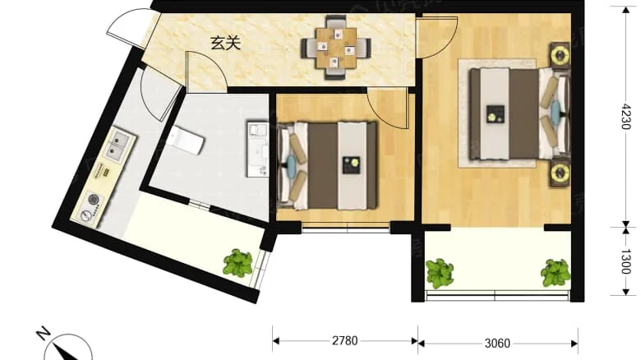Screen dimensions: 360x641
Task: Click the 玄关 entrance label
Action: point(225,44)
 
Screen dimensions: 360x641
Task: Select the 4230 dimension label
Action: point(626,117)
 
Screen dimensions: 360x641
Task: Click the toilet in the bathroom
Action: point(187,141)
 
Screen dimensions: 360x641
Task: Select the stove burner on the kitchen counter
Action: point(91,202)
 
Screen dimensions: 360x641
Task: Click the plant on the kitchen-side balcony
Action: point(237,263)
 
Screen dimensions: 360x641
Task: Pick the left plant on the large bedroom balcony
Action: point(440,273)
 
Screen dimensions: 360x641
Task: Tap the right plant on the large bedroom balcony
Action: point(556,272)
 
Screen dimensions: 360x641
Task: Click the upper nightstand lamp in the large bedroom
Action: point(560,56)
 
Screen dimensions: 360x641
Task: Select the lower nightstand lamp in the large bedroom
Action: point(560,173)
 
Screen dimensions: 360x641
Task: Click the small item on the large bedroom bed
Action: point(495,114)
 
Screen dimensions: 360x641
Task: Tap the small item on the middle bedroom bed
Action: point(353,164)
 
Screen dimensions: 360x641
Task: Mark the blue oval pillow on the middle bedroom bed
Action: point(293,164)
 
